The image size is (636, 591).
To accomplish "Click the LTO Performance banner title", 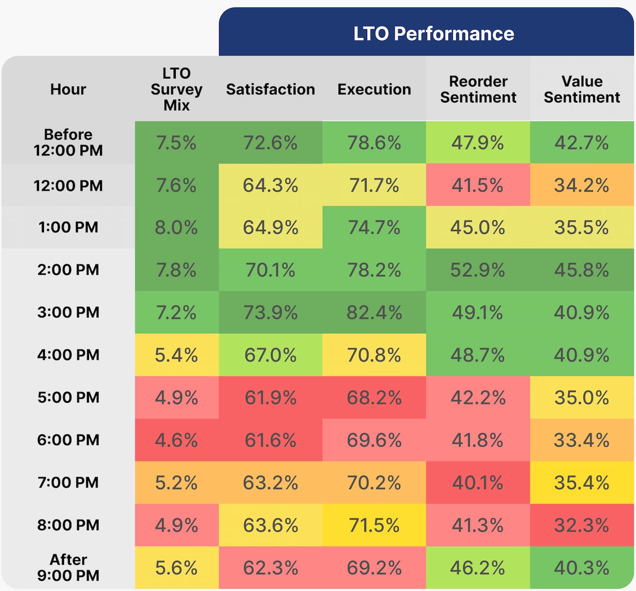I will tap(433, 34).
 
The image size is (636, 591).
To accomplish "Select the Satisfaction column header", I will tap(270, 89).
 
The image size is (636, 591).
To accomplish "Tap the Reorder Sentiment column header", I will tap(478, 89).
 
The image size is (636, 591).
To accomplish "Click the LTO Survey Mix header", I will tap(176, 89).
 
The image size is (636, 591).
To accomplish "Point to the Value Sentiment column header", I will tap(581, 89).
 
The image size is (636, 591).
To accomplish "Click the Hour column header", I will tap(68, 89).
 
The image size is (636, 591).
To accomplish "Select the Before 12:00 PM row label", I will tap(68, 142).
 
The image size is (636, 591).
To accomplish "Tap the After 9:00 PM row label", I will tap(68, 567).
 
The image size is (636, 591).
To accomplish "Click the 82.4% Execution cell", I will tap(374, 313).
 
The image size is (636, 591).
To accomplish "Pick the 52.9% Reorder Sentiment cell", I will tap(477, 270).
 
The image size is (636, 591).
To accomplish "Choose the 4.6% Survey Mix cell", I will tap(176, 440).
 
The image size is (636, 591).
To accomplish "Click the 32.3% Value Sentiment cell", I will tap(581, 525).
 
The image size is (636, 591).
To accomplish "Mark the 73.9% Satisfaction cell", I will tap(270, 313).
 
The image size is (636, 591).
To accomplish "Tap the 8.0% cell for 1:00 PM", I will tap(176, 227).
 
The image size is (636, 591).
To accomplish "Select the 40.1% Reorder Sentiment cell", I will tap(477, 482).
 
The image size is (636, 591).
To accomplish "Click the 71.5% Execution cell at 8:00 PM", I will tap(374, 525).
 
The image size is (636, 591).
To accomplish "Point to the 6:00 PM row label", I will tap(68, 440).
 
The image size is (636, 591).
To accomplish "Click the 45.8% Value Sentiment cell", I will tap(581, 270).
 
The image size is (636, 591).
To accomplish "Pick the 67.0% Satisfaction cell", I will tap(270, 355).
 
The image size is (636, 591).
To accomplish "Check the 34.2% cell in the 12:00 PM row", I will tap(581, 185).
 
